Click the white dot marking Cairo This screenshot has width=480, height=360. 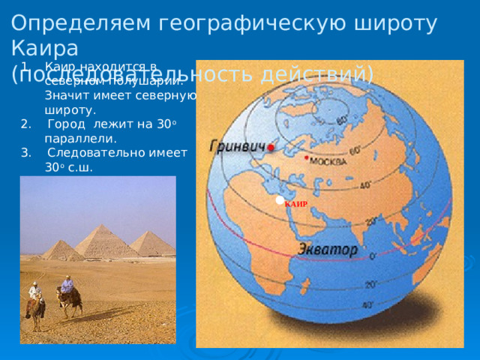coord(280,200)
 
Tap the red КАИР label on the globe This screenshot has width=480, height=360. coord(296,204)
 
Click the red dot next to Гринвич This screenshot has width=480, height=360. coord(271,147)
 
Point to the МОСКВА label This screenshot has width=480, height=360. coord(327,163)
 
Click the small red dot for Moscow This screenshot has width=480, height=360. coord(306,158)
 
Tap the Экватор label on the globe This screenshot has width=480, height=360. coord(328,248)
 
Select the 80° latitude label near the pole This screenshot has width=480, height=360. coord(341,119)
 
